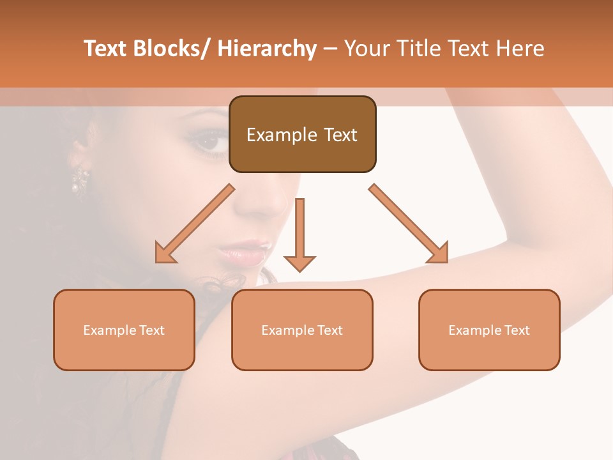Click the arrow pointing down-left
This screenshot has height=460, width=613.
(194, 224)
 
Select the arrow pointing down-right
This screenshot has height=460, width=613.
(409, 224)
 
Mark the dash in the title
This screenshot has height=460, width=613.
(330, 49)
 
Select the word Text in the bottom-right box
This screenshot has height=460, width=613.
(517, 330)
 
